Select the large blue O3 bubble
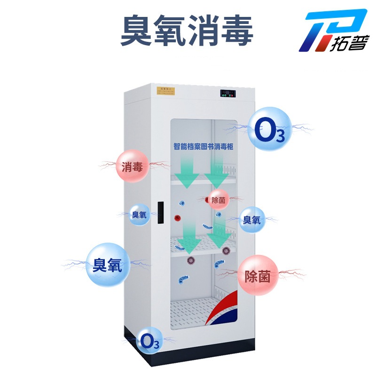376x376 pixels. [x=270, y=128]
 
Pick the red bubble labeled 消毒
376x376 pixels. [x=133, y=166]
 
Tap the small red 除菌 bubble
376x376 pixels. [x=218, y=200]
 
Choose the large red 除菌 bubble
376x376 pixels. [x=257, y=275]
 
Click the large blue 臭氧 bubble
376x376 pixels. [x=107, y=265]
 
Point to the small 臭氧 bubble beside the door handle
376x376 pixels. [x=140, y=215]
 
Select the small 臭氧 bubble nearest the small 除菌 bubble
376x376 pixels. [x=251, y=219]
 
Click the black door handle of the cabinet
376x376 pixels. [x=160, y=212]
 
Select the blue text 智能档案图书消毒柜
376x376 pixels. [x=204, y=147]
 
